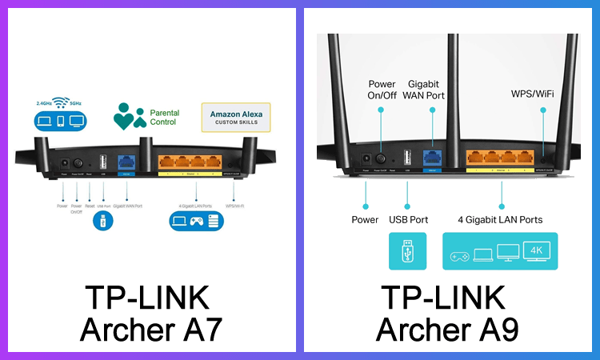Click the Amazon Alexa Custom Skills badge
235,118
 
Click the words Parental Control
164,118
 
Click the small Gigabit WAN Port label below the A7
126,206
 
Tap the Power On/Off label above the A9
382,90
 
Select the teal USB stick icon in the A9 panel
407,251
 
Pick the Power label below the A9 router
365,219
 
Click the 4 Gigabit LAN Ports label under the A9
500,219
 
